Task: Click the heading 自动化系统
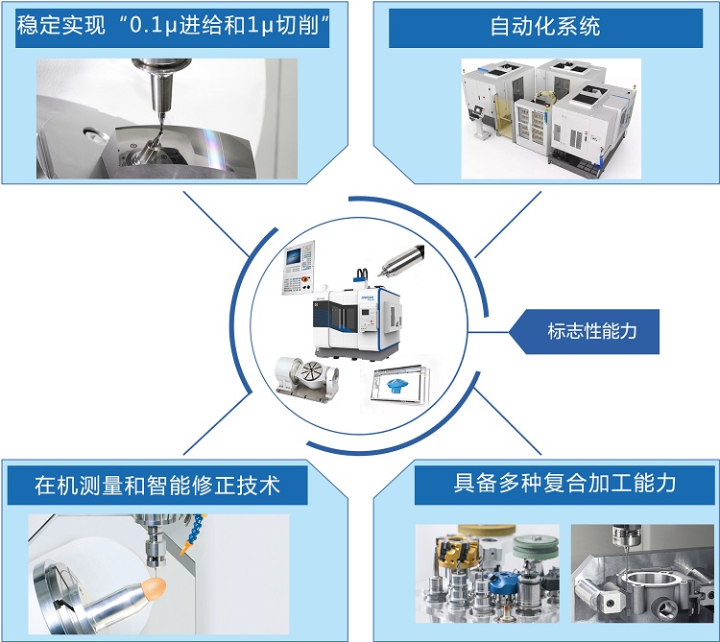point(545,26)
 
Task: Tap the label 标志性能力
point(592,331)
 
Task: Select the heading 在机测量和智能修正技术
point(157,485)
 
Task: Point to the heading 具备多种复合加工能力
point(564,483)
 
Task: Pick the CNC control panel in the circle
point(298,267)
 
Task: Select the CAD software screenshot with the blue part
point(400,384)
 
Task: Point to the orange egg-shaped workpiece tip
point(154,587)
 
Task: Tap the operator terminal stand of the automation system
point(479,121)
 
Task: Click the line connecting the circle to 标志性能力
point(488,331)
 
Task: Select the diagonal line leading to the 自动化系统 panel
point(508,225)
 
